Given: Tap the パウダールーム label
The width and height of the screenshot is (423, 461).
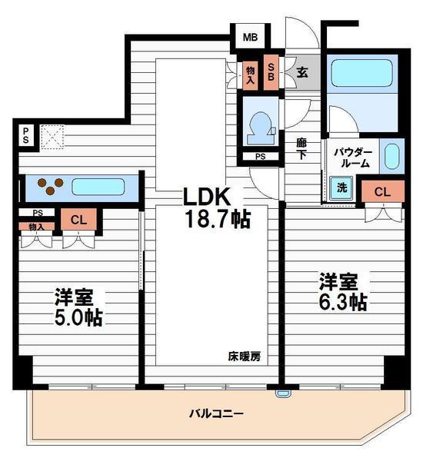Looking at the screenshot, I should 353,158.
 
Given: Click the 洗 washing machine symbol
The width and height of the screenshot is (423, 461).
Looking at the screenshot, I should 341,187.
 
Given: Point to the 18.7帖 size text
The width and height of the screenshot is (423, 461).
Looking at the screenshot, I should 216,219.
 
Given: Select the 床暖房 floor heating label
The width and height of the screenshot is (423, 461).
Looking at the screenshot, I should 244,356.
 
